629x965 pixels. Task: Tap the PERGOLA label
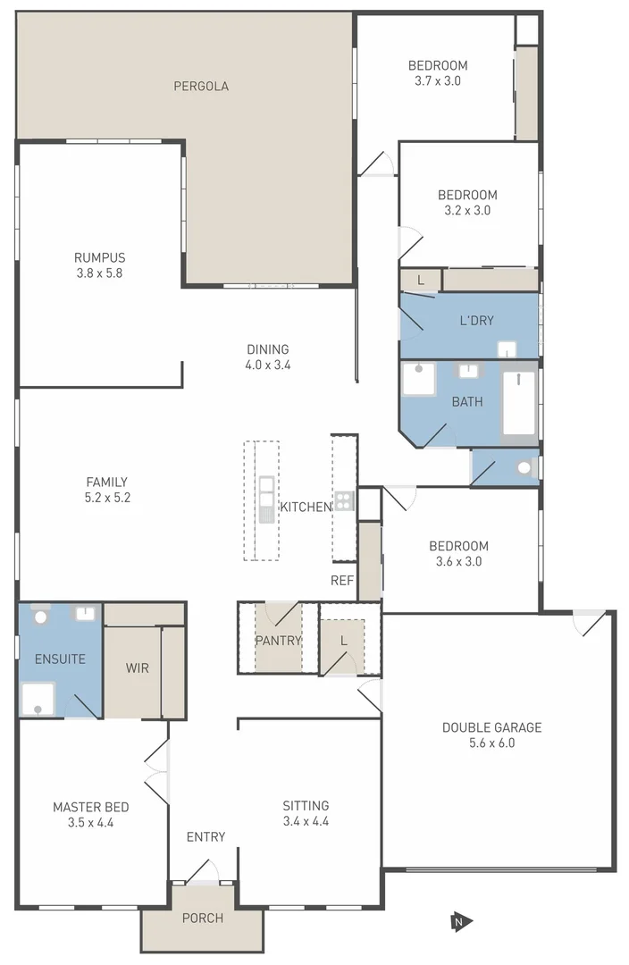click(201, 87)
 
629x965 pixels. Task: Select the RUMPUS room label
click(99, 257)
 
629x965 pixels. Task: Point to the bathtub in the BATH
click(518, 404)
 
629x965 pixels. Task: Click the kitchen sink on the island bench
click(266, 499)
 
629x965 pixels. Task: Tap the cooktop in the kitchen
click(344, 500)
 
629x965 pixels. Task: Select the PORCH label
click(202, 918)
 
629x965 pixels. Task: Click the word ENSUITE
click(60, 659)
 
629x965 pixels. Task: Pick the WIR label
click(137, 667)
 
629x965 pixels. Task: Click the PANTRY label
click(278, 641)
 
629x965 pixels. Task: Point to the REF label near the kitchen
click(342, 581)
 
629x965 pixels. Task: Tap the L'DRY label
click(476, 321)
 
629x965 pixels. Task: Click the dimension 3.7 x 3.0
click(438, 81)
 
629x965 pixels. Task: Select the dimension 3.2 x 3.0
click(467, 211)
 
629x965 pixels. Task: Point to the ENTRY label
click(205, 837)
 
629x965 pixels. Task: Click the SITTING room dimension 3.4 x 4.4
click(306, 821)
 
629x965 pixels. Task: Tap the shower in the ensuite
click(39, 698)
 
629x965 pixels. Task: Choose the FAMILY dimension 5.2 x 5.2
click(106, 498)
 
